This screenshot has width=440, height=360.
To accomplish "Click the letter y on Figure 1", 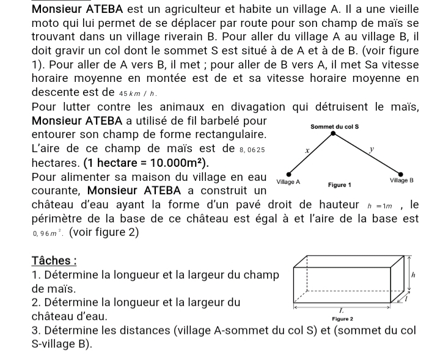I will coord(371,148).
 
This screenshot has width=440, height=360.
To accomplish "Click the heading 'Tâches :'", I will coord(53,260).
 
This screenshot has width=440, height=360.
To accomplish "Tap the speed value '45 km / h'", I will coord(138,93).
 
